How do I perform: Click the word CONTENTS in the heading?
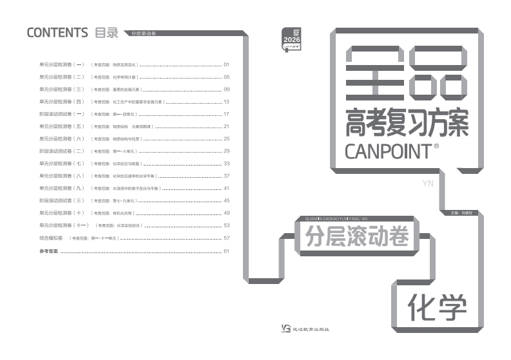pos(57,33)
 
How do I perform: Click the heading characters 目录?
pos(106,33)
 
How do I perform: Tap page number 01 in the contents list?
pos(226,65)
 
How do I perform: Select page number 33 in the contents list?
pos(226,164)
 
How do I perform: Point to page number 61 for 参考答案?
pos(226,251)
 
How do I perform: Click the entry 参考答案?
pos(48,251)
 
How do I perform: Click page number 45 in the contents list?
pos(226,201)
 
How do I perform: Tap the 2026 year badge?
pos(292,40)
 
